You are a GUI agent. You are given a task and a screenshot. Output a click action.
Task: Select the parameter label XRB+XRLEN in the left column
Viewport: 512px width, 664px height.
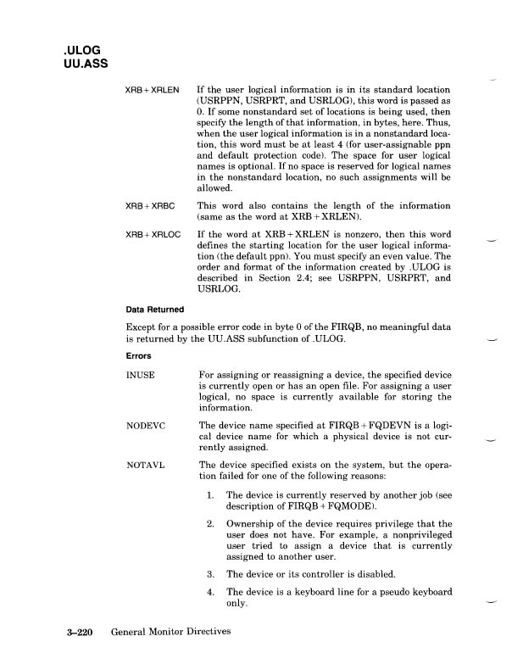(153, 89)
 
